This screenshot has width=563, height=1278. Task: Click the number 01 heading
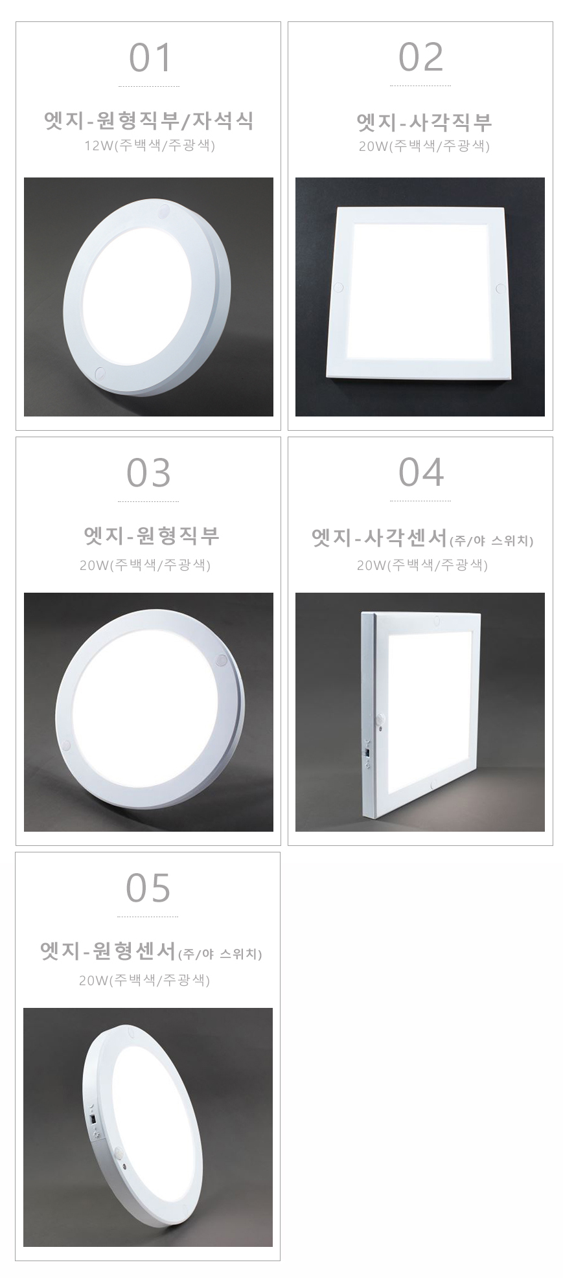click(150, 58)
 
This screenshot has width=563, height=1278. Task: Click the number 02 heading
click(421, 58)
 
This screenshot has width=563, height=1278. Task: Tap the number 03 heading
click(149, 473)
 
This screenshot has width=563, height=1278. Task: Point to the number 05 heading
click(148, 888)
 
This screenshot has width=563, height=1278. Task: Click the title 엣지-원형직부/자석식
click(149, 120)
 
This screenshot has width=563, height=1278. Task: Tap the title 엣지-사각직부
click(424, 121)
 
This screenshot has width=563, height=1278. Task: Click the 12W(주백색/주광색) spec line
click(150, 146)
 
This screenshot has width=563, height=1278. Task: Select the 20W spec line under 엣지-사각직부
click(424, 146)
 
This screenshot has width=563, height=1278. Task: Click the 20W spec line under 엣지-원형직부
click(145, 565)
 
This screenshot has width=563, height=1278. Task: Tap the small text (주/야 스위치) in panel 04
click(491, 540)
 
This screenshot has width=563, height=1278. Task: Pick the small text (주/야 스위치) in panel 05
click(220, 954)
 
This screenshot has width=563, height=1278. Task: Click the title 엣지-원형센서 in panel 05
click(108, 952)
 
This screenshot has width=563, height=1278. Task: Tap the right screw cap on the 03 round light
click(221, 661)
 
